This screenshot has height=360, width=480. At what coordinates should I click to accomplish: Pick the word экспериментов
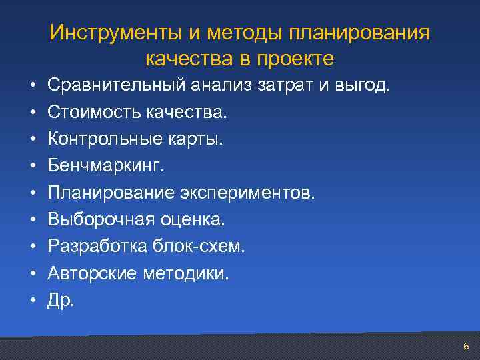(x=247, y=193)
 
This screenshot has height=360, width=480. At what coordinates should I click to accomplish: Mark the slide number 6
(x=466, y=346)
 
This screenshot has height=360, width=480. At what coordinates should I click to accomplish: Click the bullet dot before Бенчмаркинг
(x=31, y=167)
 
